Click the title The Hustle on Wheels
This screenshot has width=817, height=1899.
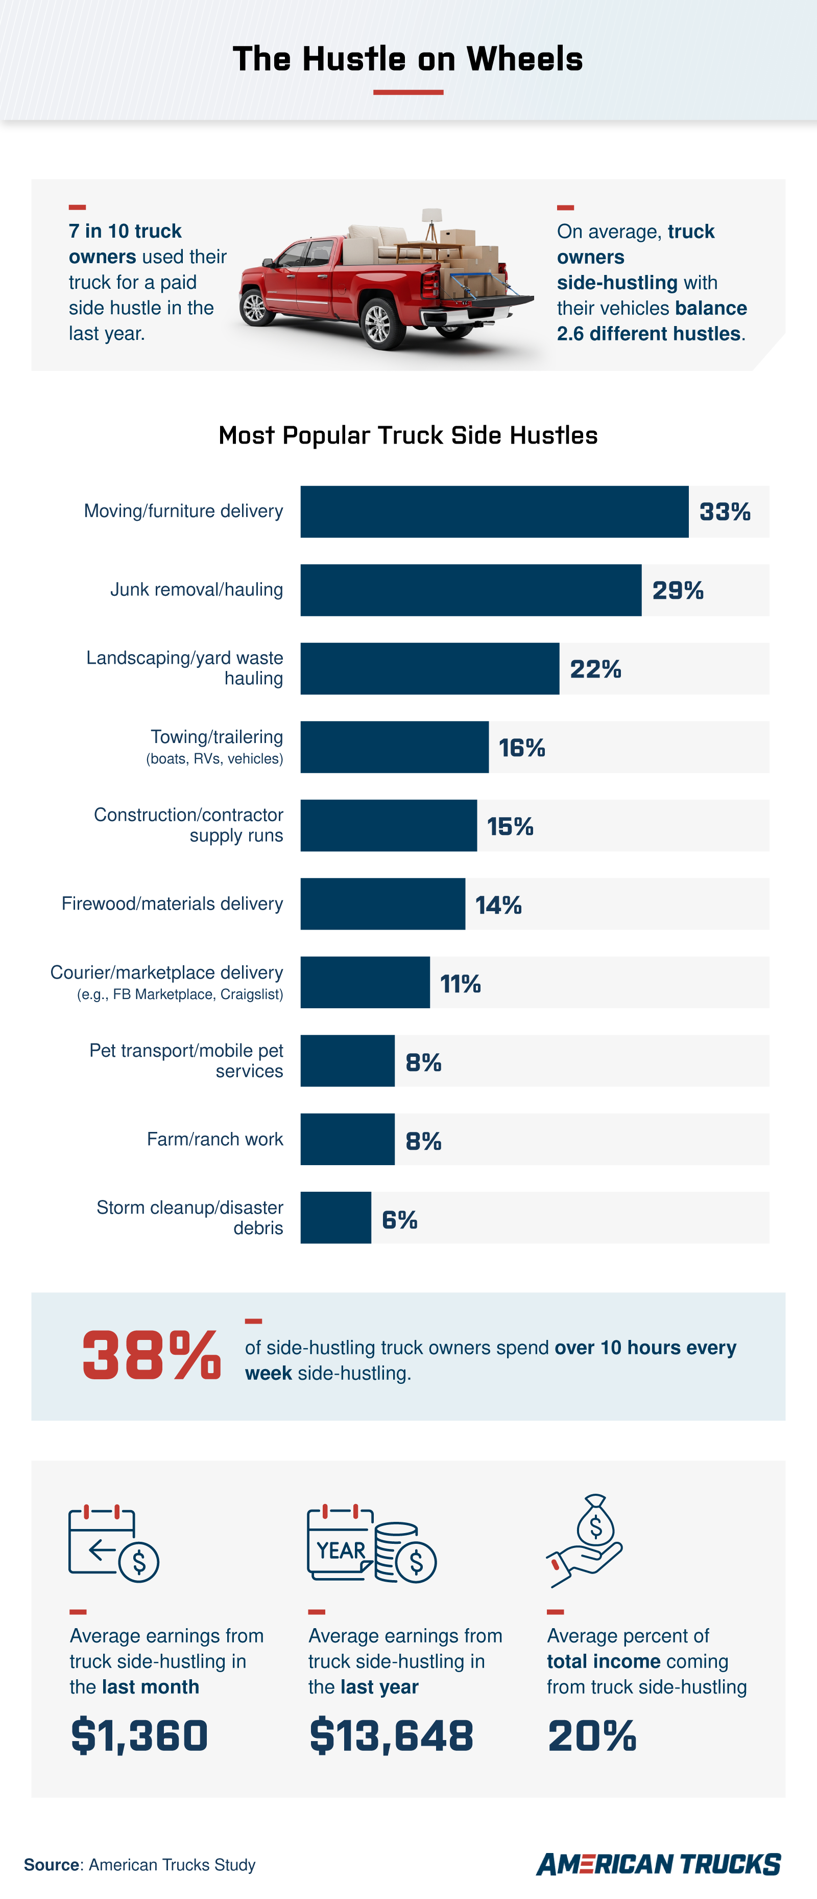click(x=407, y=59)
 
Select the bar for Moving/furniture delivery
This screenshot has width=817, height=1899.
click(x=494, y=512)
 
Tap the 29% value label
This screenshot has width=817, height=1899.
click(x=677, y=590)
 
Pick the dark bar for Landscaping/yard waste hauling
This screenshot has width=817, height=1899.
click(x=429, y=668)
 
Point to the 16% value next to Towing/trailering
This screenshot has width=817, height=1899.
click(x=521, y=748)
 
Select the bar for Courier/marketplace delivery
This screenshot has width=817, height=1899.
click(x=365, y=983)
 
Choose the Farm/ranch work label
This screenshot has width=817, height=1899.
click(x=214, y=1139)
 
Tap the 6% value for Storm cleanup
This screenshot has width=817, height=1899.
click(x=399, y=1219)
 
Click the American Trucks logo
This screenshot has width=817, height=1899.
click(x=658, y=1864)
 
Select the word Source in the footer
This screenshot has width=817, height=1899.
click(x=52, y=1864)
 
